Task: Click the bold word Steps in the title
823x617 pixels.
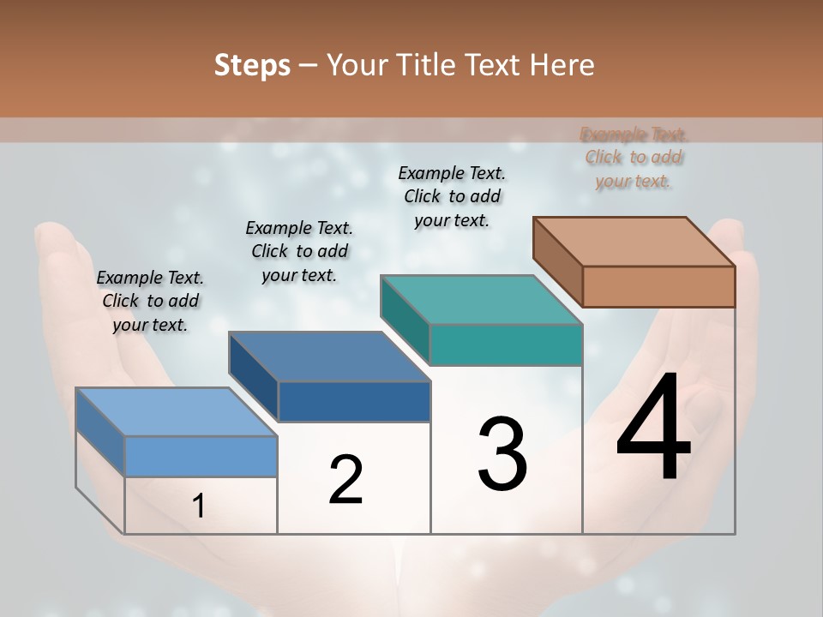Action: pos(252,65)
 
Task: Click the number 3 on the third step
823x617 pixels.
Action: pos(502,454)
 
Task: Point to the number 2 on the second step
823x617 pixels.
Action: pos(345,480)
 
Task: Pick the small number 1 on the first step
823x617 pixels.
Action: pos(199,506)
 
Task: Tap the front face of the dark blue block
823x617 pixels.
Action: pos(354,401)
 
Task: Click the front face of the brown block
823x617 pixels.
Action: pos(658,286)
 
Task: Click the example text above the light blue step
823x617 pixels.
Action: pos(150,301)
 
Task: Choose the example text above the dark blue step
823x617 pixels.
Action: pos(299,251)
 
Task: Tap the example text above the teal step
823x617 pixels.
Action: pos(452,196)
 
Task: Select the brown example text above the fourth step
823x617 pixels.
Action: pos(634,158)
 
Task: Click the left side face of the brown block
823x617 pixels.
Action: pos(558,261)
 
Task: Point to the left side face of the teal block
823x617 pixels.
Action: pos(405,319)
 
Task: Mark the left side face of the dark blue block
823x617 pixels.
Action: pos(254,376)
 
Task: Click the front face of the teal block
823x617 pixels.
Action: pos(506,344)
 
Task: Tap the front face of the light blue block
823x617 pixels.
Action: pos(201,456)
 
